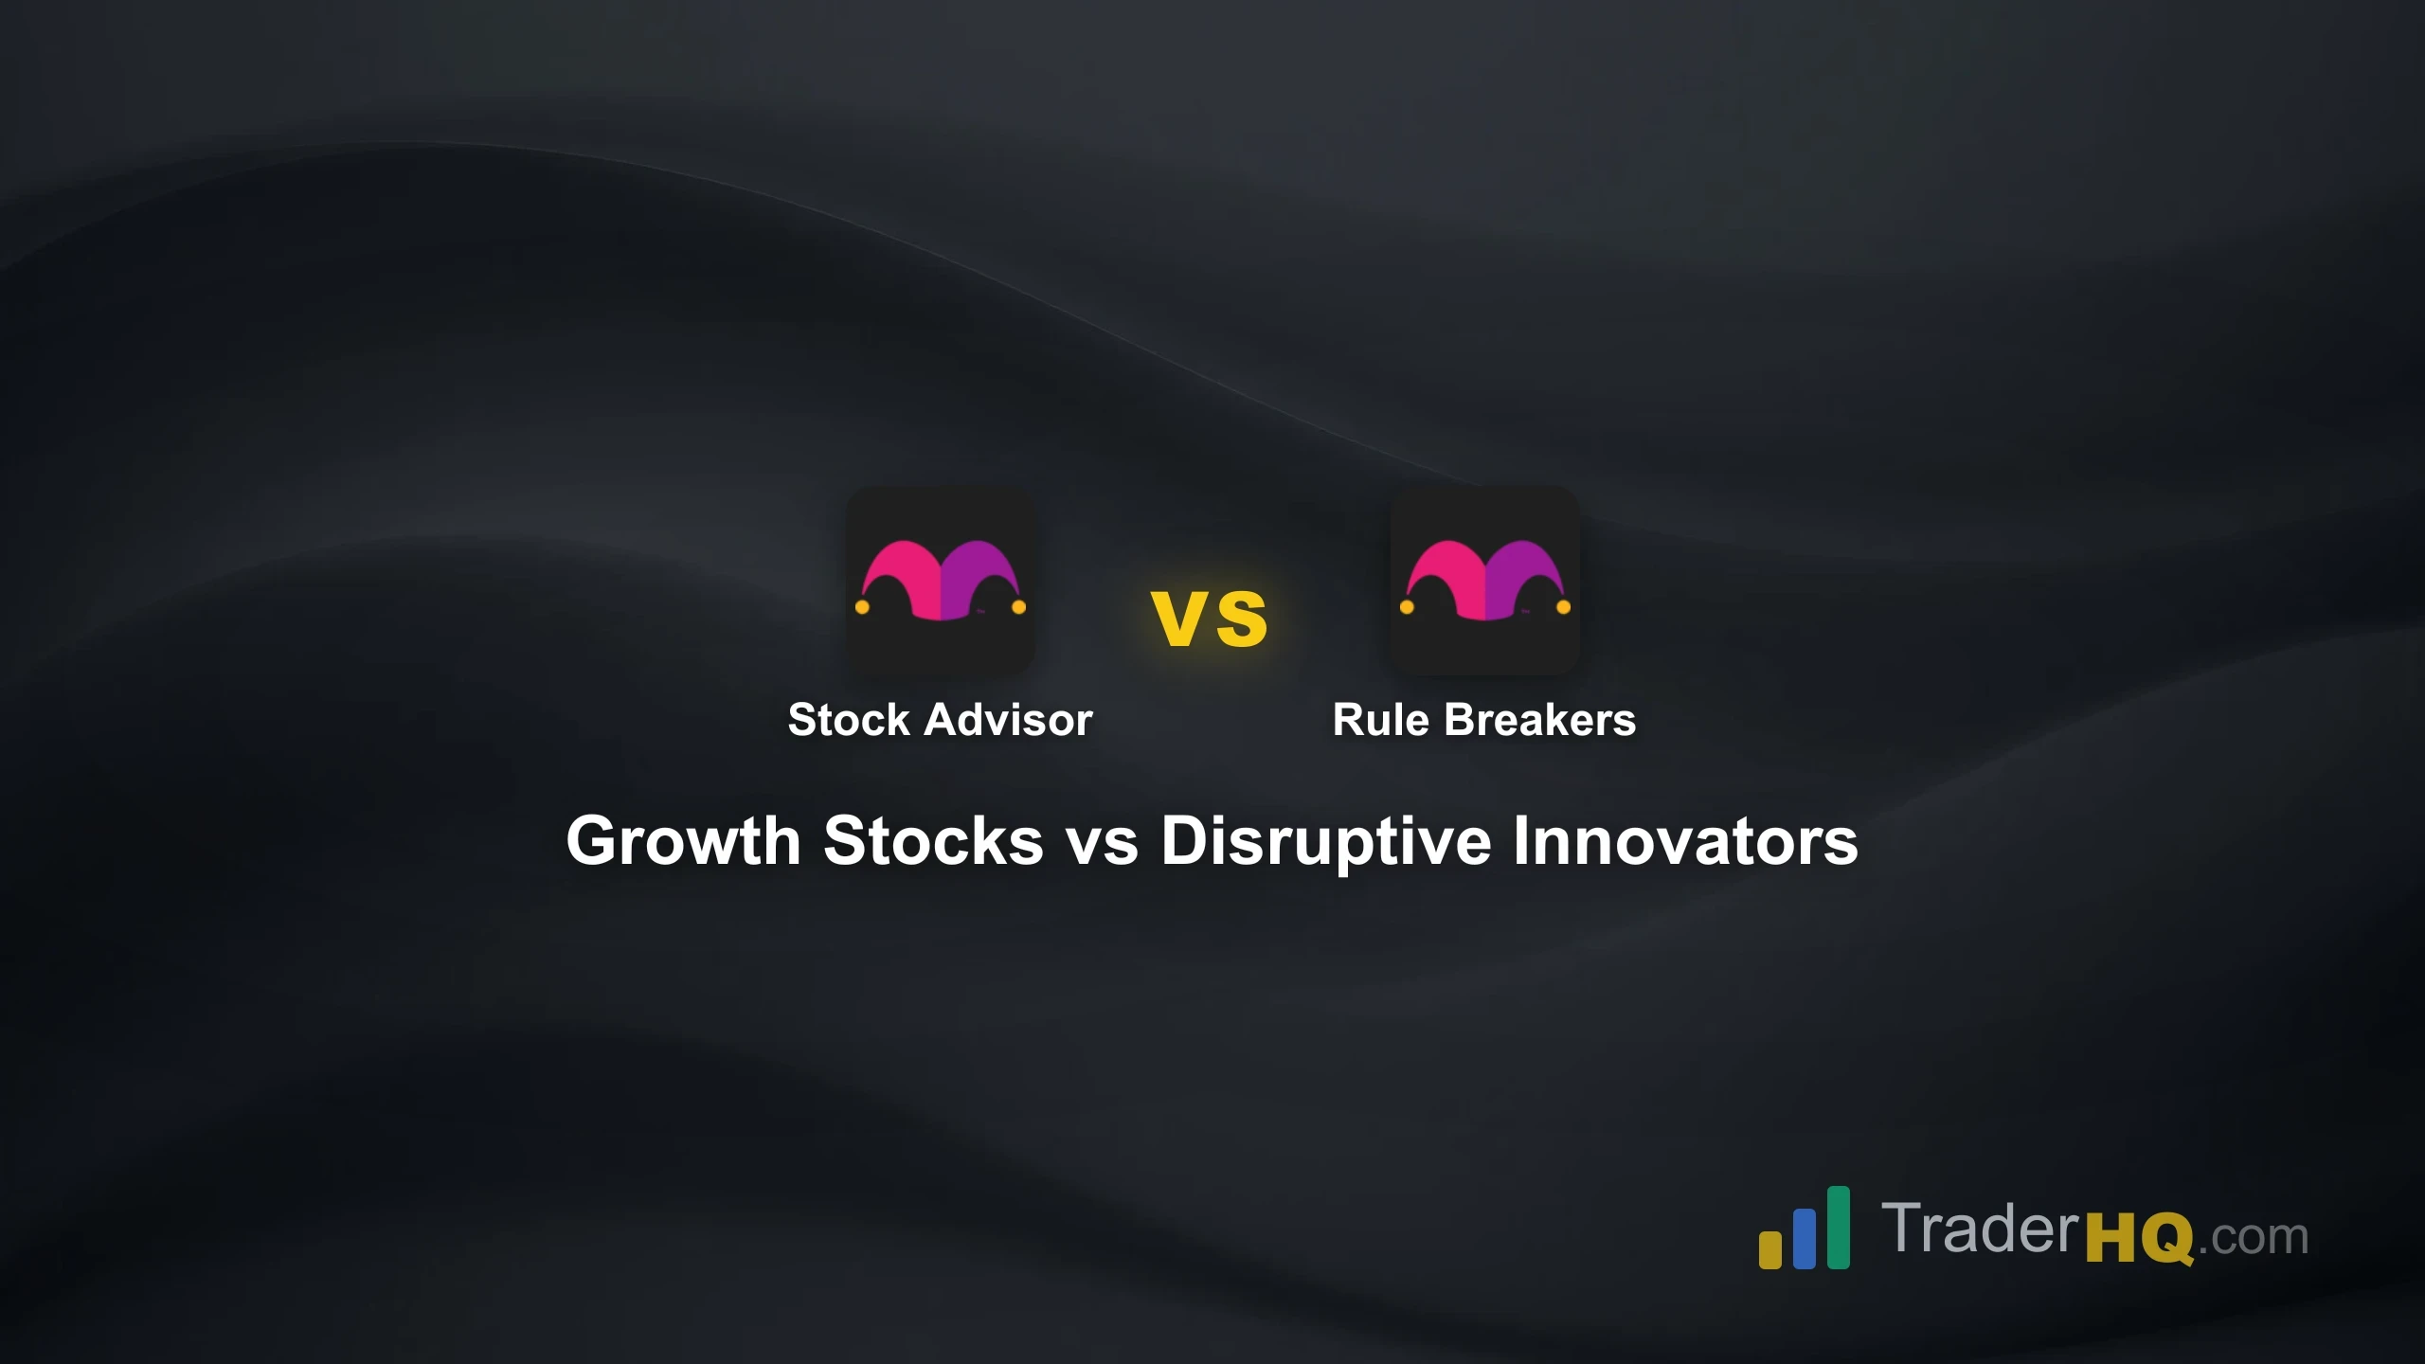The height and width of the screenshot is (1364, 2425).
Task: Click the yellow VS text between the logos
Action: coord(1210,619)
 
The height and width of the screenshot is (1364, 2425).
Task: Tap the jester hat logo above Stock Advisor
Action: coord(940,581)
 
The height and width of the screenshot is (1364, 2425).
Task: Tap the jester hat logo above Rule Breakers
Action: coord(1484,581)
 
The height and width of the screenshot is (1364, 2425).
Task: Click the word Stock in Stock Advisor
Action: coord(849,720)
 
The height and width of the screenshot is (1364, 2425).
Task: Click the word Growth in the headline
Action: coord(683,840)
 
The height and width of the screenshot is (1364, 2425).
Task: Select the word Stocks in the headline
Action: coord(933,840)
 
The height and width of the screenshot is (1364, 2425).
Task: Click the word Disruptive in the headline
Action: coord(1325,842)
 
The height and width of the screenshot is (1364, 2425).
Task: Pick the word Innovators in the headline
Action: coord(1685,840)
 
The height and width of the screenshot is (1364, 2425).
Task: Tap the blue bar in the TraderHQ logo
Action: coord(1805,1238)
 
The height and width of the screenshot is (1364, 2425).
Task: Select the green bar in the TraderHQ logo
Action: coord(1838,1227)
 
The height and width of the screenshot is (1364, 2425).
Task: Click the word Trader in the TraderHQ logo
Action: coord(1979,1229)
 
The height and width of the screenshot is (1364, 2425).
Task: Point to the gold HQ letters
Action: coord(2140,1238)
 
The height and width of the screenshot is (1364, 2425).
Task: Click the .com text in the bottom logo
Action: coord(2254,1238)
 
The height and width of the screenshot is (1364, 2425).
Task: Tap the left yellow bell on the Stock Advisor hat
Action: coord(862,607)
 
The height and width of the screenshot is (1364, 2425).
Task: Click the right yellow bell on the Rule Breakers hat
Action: coord(1563,607)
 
